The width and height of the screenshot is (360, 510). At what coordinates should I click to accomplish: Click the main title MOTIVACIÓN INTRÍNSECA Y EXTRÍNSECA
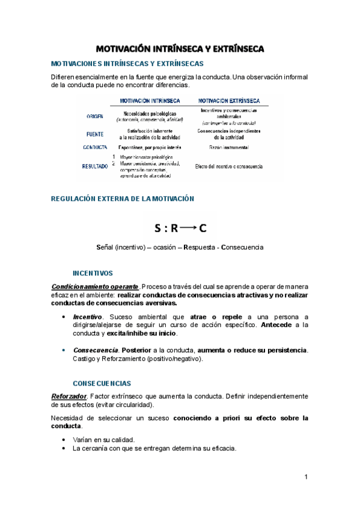pyautogui.click(x=180, y=49)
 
